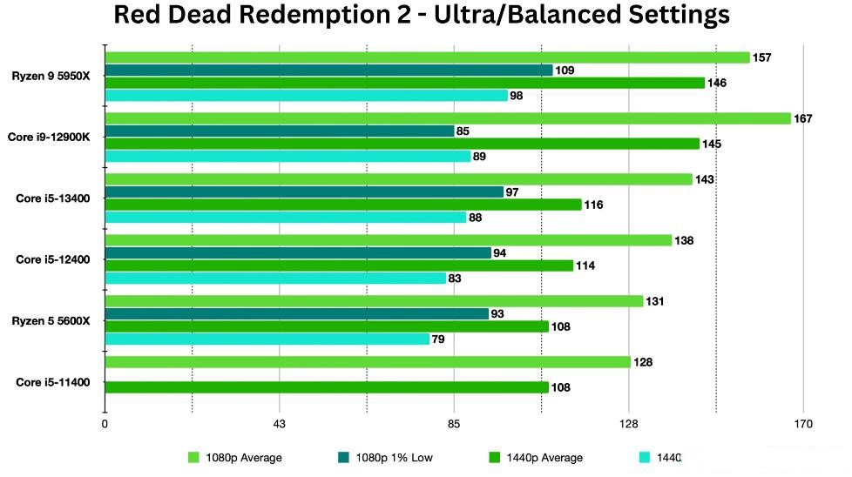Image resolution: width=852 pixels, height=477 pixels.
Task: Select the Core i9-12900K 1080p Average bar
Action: (x=447, y=118)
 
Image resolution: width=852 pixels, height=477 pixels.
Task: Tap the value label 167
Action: (x=802, y=118)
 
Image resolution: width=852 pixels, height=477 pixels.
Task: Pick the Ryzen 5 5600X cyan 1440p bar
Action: (x=267, y=339)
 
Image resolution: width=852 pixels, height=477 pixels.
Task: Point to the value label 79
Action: (x=438, y=339)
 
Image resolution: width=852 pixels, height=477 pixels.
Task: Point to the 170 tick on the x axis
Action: (x=803, y=425)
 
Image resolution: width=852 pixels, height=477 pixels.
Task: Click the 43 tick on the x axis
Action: (x=280, y=425)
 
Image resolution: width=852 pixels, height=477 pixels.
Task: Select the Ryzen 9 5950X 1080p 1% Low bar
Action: (x=328, y=70)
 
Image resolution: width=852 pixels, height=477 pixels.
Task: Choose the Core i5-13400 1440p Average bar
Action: (x=342, y=205)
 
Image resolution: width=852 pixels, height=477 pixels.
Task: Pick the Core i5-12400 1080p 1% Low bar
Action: (x=298, y=253)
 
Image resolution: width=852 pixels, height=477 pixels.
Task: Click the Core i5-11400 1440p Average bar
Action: (x=326, y=387)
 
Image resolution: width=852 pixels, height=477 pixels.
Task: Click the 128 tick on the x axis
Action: (x=629, y=425)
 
